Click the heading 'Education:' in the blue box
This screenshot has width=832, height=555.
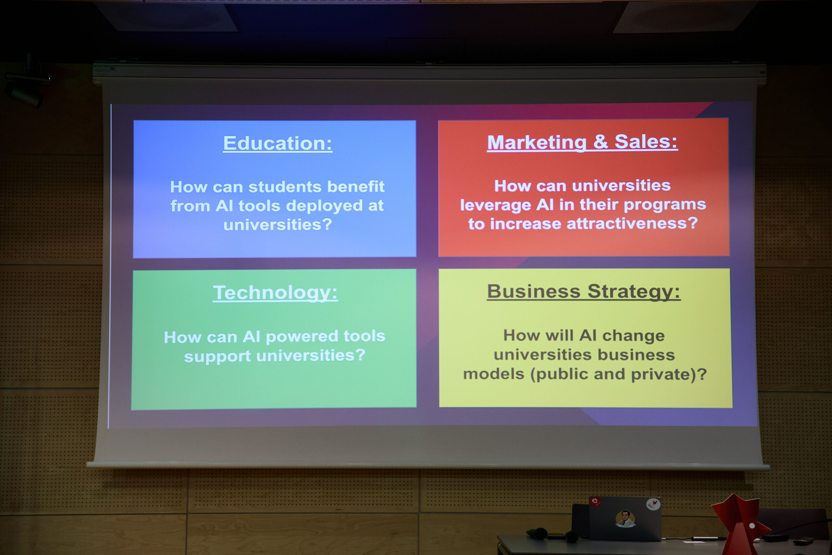(278, 144)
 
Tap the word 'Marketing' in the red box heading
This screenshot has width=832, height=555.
(537, 143)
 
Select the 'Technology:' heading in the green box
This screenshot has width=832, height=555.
(275, 293)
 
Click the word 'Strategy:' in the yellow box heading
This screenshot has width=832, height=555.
(634, 292)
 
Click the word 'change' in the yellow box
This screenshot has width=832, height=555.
(633, 336)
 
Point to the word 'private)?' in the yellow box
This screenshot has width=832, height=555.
(669, 375)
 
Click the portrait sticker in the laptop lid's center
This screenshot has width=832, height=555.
(625, 519)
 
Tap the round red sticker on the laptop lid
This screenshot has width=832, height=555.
(595, 502)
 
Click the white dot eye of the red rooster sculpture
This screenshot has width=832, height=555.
(752, 526)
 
